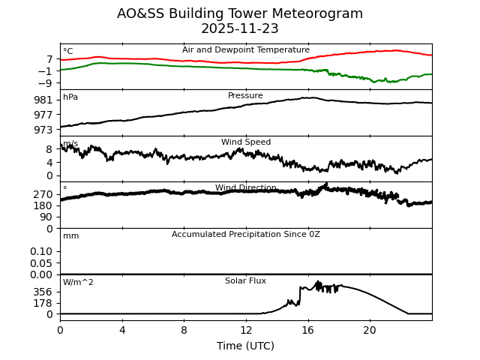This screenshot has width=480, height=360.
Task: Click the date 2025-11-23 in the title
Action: [240, 29]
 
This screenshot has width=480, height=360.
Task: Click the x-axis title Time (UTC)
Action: [245, 346]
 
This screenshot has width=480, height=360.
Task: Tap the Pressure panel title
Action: [245, 96]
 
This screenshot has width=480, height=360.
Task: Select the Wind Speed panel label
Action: [245, 142]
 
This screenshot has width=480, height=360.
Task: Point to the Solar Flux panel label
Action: [245, 280]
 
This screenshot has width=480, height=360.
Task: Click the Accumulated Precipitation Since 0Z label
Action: [245, 235]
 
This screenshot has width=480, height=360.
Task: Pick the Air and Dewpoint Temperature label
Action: [245, 50]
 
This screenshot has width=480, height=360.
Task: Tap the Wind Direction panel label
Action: [245, 188]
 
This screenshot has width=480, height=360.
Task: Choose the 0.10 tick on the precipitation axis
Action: [41, 251]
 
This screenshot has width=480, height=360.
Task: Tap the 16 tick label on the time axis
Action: [307, 330]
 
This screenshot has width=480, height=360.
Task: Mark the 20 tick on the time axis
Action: [370, 330]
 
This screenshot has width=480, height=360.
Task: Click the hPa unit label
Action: [70, 97]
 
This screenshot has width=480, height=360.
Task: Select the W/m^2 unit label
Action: [78, 283]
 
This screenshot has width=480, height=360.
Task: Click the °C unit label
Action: [68, 52]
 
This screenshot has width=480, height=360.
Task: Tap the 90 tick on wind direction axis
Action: [46, 217]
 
